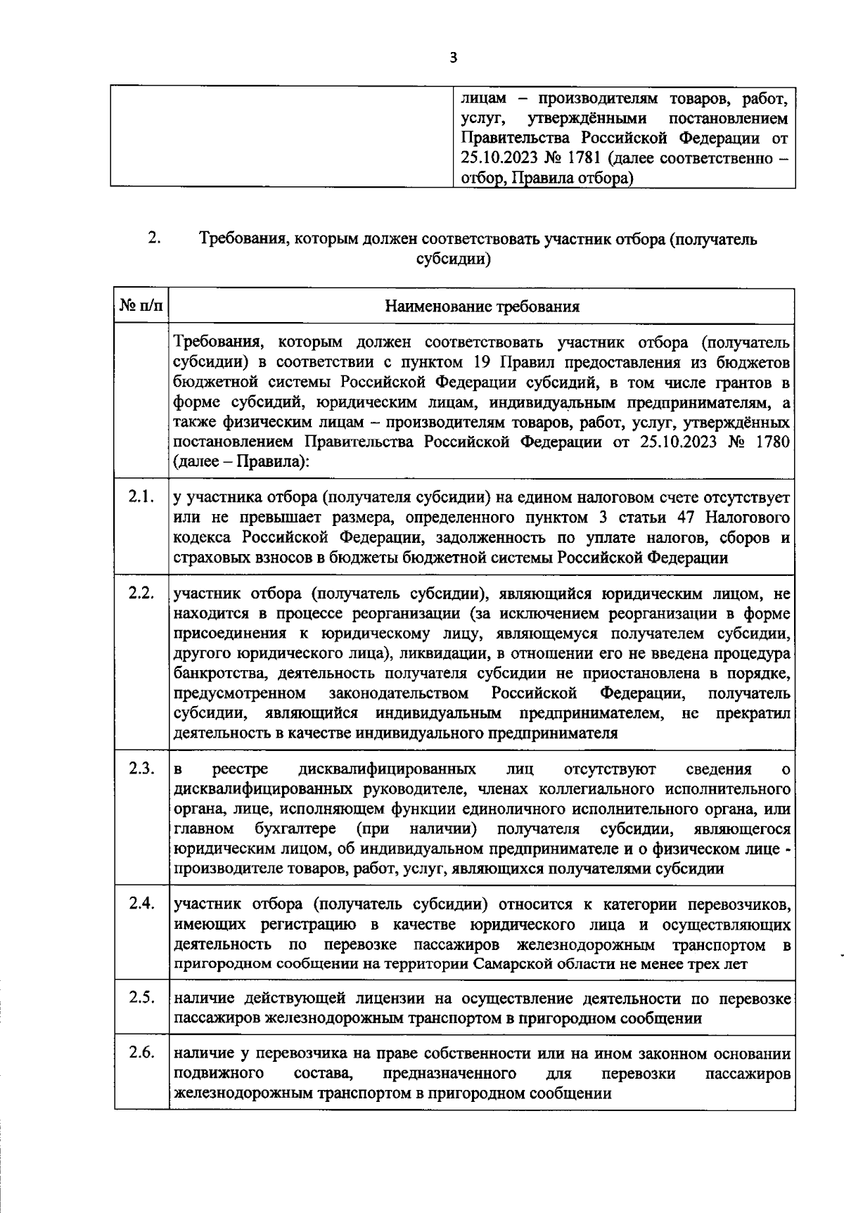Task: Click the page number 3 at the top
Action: pos(453,58)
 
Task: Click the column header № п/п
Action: pos(141,306)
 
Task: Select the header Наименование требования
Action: pos(482,306)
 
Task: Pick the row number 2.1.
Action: pos(141,497)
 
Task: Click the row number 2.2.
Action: pos(141,592)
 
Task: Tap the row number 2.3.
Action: pos(141,768)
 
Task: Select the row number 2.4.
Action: pos(141,903)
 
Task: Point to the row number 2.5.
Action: pos(141,997)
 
